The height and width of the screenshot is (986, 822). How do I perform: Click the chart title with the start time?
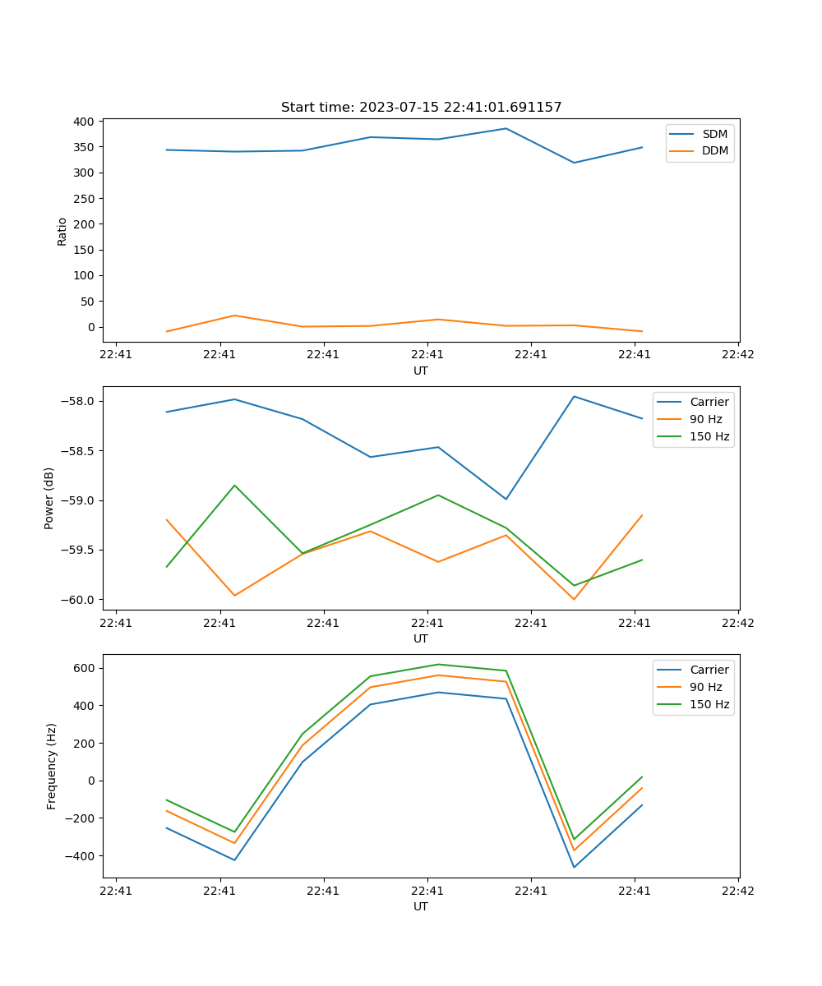pos(421,108)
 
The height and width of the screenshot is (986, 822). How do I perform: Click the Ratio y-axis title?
pos(62,231)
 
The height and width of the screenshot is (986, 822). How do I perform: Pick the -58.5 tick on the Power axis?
pos(77,451)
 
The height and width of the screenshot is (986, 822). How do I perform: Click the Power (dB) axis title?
pos(49,498)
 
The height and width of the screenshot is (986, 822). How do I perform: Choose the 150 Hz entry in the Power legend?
pos(709,436)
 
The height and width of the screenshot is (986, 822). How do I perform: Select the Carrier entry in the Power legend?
pos(709,402)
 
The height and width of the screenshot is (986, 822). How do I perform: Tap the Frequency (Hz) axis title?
pos(51,766)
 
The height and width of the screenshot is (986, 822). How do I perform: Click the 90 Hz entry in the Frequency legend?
pos(705,687)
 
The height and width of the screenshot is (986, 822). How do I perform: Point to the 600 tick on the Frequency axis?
pos(85,668)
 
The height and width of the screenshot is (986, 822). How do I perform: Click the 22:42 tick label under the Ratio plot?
pos(737,355)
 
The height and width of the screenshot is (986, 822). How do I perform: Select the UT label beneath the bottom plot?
pos(421,906)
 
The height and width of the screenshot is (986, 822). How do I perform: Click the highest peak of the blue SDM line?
pos(506,128)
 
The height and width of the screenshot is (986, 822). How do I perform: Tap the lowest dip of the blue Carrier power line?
pos(506,499)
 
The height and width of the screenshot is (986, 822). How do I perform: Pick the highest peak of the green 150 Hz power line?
pos(235,485)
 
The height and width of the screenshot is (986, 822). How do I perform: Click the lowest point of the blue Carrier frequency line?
pos(574,867)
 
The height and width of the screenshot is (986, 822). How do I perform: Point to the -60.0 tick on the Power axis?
pos(77,600)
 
